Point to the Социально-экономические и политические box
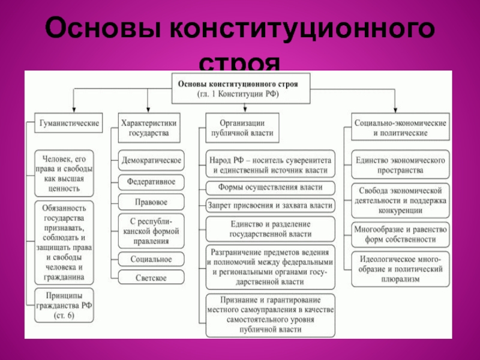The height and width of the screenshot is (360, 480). (x=399, y=127)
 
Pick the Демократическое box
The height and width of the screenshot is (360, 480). (x=151, y=161)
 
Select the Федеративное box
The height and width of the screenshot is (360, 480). (x=151, y=181)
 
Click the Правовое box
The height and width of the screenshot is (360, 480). (x=151, y=202)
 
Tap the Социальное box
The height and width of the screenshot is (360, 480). (x=151, y=259)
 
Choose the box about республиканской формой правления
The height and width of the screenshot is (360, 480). (x=151, y=230)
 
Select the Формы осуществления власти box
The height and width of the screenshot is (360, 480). (x=270, y=187)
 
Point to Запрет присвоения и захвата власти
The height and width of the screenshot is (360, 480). (x=270, y=205)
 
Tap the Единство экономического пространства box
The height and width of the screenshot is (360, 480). (x=400, y=165)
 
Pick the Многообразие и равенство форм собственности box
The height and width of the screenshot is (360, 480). (x=400, y=234)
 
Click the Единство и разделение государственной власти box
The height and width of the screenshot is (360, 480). (x=270, y=229)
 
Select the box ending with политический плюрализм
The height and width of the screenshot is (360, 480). (x=400, y=269)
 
